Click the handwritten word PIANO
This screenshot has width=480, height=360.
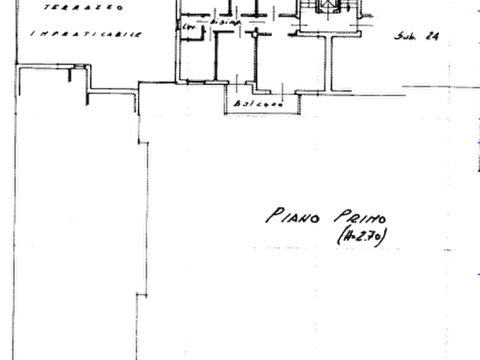tap(293, 215)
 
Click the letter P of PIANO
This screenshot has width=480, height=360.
tap(274, 214)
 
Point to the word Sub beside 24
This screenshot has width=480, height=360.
tap(404, 37)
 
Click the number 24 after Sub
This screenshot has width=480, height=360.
tap(432, 37)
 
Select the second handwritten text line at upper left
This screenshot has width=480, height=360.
tap(85, 34)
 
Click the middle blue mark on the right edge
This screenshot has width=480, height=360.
tap(477, 143)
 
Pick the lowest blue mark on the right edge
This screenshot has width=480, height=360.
tap(477, 275)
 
